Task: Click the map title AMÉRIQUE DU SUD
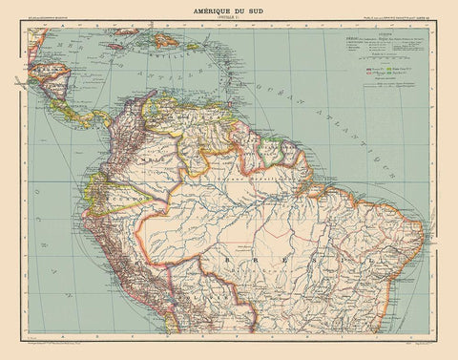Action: point(228,9)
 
